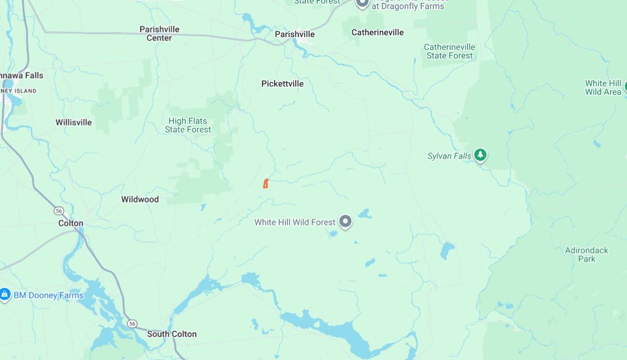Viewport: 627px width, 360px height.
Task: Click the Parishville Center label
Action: click(159, 33)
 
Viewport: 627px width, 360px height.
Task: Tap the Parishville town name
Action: click(295, 34)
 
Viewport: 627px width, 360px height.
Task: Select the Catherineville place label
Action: click(378, 32)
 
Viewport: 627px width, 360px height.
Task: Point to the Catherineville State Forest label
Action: click(450, 51)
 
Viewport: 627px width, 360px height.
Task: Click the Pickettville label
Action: click(282, 84)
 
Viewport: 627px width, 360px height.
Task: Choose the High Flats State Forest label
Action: click(188, 125)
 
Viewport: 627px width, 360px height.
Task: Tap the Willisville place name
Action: click(74, 122)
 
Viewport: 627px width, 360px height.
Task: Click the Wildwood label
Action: click(140, 199)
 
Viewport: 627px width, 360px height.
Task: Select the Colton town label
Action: click(71, 223)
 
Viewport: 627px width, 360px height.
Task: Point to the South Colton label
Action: click(172, 334)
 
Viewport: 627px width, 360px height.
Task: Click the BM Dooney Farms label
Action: click(48, 296)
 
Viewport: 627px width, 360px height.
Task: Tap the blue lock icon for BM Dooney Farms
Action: click(5, 295)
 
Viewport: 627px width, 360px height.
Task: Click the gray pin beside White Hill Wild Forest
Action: click(346, 222)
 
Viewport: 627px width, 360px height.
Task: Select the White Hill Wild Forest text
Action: click(295, 222)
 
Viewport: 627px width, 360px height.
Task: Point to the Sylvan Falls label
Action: click(450, 156)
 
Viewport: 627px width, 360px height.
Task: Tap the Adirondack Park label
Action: click(586, 254)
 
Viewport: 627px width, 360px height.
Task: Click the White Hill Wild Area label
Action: click(603, 87)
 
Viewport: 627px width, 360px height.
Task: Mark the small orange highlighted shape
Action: click(265, 184)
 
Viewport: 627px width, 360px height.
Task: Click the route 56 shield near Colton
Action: click(59, 211)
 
